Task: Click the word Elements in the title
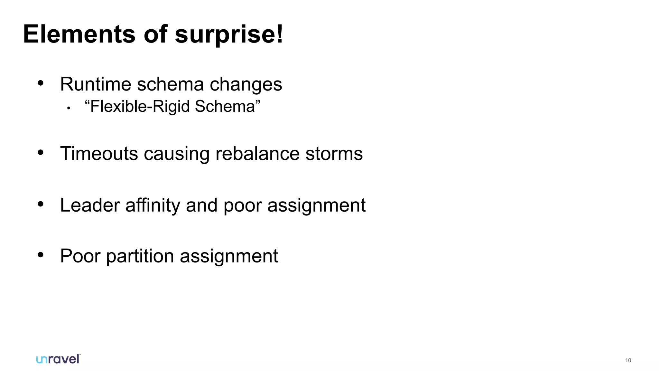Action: click(79, 34)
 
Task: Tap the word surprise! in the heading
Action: click(229, 34)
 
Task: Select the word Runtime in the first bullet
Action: click(96, 84)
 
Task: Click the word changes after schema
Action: click(246, 84)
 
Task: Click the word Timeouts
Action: click(99, 154)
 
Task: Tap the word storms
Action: click(334, 154)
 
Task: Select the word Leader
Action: click(90, 205)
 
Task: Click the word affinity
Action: click(153, 205)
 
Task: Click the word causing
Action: click(177, 154)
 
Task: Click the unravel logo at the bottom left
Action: click(58, 359)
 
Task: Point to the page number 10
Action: click(628, 360)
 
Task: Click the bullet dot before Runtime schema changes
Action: click(41, 83)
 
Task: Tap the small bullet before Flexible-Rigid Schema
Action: click(68, 109)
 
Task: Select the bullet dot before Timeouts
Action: click(41, 152)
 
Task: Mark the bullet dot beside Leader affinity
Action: click(41, 204)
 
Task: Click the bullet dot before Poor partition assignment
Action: click(41, 255)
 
